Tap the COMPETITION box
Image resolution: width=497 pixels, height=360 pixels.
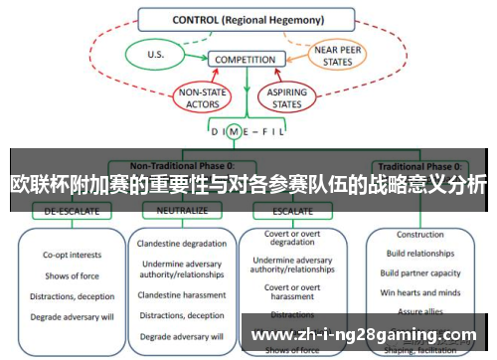tap(245, 60)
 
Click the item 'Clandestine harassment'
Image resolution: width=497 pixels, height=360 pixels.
tap(183, 295)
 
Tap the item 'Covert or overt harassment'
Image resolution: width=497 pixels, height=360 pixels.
tap(292, 291)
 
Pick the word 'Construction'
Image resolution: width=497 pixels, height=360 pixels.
tap(419, 236)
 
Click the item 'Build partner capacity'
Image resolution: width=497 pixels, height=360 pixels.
tap(419, 273)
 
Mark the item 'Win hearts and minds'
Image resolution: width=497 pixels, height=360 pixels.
tap(419, 292)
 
